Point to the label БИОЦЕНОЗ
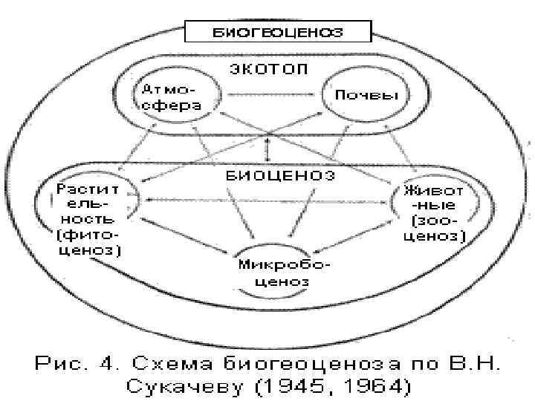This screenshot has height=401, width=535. (279, 176)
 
